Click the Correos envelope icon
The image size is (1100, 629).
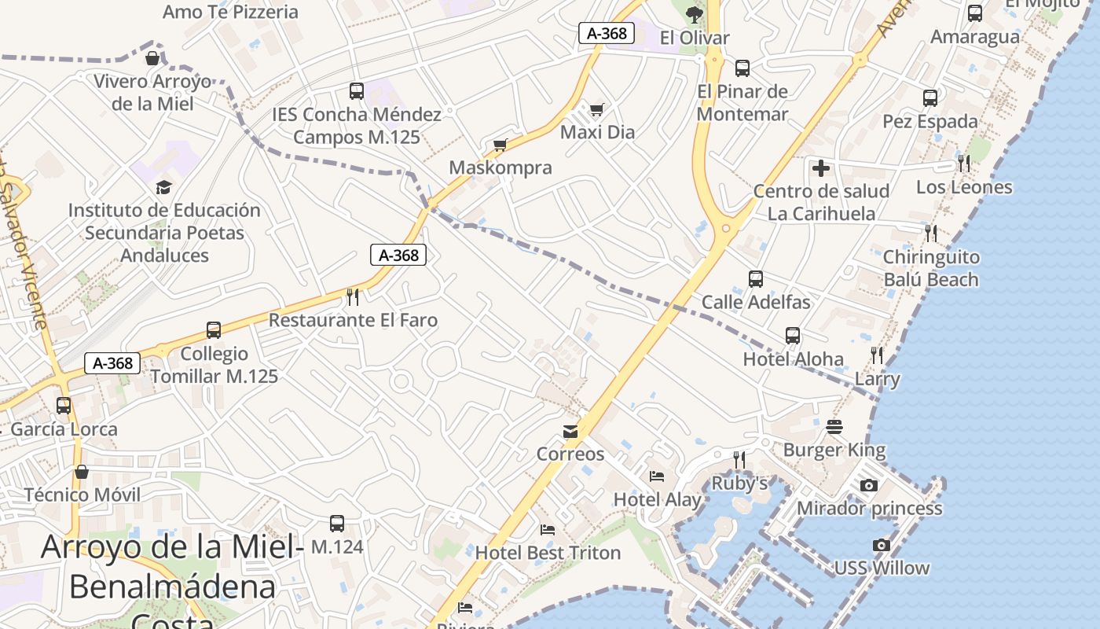[x=570, y=432]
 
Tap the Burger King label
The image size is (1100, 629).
[x=834, y=451]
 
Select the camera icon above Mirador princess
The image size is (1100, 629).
[x=868, y=485]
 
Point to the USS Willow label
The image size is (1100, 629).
[x=882, y=568]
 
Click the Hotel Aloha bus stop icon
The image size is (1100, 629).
[x=793, y=336]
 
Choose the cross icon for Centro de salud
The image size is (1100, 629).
[x=821, y=167]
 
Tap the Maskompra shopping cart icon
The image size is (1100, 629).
[x=500, y=145]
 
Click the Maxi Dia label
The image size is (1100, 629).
[x=597, y=132]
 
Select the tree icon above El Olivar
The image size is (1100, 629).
[x=694, y=13]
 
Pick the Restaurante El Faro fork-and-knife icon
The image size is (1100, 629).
[x=353, y=296]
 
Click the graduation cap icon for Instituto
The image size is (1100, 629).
[x=163, y=187]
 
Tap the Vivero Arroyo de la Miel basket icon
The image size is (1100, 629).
[x=152, y=58]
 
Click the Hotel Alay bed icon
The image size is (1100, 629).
[x=657, y=476]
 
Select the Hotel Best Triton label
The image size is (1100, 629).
[x=548, y=553]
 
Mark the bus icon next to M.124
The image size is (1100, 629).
[x=337, y=523]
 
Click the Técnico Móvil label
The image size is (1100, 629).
[x=82, y=495]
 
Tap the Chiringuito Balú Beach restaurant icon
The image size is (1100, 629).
[x=931, y=233]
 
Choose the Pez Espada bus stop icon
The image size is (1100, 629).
[x=930, y=98]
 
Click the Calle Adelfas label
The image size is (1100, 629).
[x=756, y=302]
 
